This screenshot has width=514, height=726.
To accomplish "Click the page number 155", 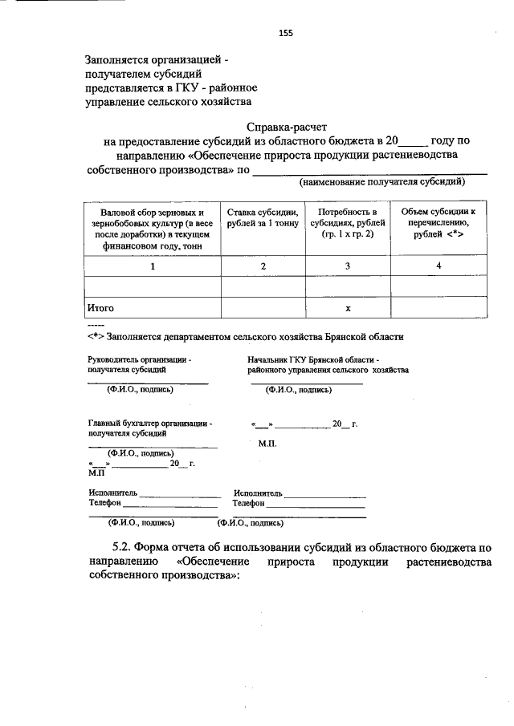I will [285, 33].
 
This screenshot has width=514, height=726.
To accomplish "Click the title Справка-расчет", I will [287, 127].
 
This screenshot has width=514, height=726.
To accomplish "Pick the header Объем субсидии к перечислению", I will [439, 223].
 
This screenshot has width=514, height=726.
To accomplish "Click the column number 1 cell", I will [152, 266].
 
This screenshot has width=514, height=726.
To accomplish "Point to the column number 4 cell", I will [439, 266].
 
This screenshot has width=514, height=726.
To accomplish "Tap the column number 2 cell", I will [263, 266].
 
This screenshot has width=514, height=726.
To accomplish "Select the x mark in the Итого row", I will [348, 308].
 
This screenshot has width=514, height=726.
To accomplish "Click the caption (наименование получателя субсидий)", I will [382, 183].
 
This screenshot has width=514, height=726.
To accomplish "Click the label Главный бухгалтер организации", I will [150, 423].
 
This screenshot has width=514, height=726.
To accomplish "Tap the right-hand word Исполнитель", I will [258, 493].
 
